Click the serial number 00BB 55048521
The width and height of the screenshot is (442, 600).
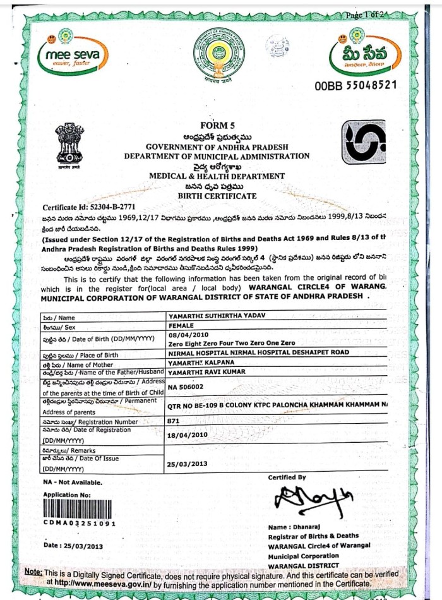pos(355,85)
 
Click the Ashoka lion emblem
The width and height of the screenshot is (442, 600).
pos(69,144)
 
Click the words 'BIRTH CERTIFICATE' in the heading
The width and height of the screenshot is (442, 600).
pos(217,196)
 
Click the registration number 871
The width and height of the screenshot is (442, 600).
pos(174,419)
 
